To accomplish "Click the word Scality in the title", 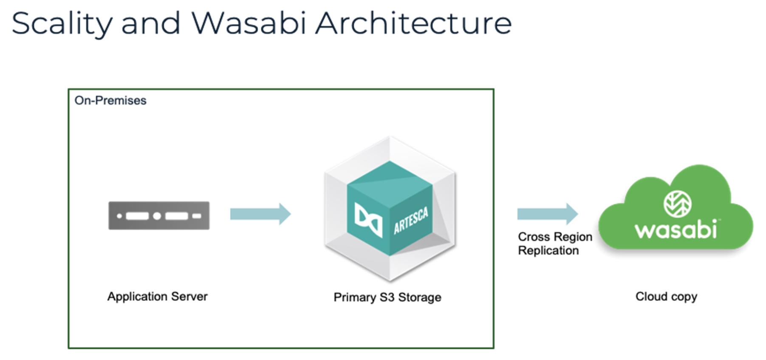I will point(62,24).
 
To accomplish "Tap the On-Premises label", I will point(110,101).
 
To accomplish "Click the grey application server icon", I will point(158,215).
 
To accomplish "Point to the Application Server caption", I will point(157,296).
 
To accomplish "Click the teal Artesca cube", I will point(390,208).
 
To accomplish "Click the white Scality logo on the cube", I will point(368,219).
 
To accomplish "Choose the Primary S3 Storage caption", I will point(387,297).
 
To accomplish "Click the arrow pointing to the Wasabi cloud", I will point(547,213).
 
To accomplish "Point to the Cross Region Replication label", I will point(554,244).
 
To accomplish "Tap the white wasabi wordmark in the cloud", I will point(676,230).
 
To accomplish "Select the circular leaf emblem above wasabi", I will point(677,204).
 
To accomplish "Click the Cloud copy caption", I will point(666,296).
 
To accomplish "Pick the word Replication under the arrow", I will point(548,251).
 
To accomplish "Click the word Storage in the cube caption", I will point(419,297).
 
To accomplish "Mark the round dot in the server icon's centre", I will point(157,216).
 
